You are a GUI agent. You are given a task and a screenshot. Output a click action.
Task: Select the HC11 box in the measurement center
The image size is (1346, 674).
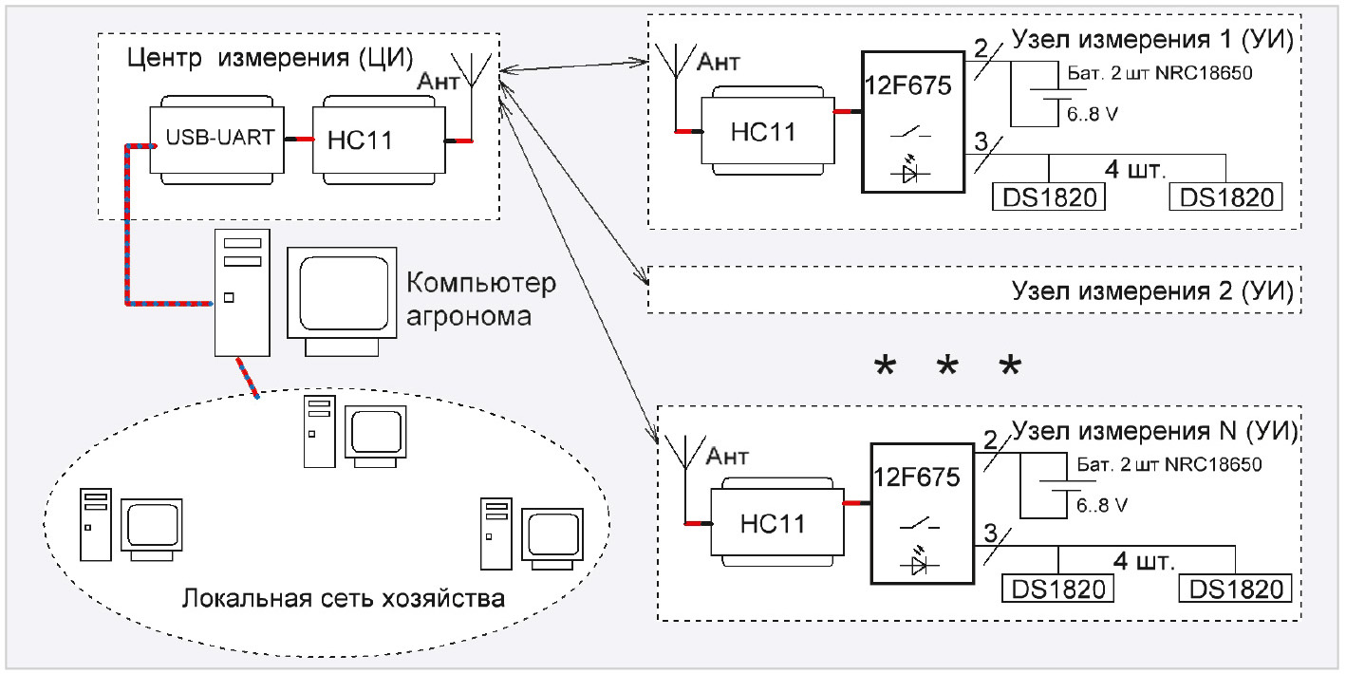pos(378,140)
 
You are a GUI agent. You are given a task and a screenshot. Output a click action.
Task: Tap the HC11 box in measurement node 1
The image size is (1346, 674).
pos(767,130)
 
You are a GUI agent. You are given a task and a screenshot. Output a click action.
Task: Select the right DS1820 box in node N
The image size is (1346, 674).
pos(1236,590)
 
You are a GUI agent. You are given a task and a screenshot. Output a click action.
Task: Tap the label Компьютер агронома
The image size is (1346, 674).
pos(480,299)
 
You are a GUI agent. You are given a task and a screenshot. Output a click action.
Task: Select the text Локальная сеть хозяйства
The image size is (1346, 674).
pos(343,600)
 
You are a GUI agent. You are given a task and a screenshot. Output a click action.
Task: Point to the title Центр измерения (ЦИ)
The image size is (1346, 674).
pos(267,60)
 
